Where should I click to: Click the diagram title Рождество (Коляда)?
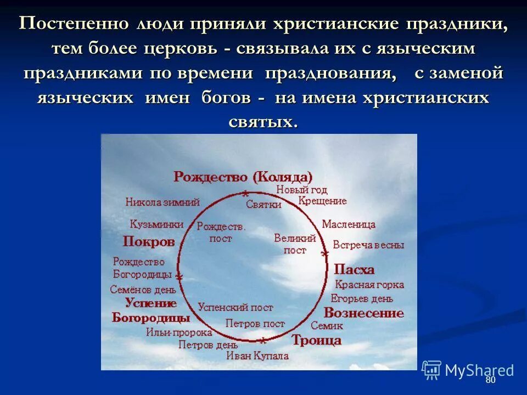(243, 177)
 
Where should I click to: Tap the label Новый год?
(301, 190)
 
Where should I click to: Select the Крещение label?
(322, 201)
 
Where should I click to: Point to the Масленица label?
(349, 224)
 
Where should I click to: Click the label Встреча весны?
(368, 245)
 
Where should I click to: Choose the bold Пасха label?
(354, 269)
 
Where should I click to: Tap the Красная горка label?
(369, 285)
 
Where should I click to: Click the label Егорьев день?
(362, 299)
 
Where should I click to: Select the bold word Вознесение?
(363, 313)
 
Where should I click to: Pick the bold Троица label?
(316, 340)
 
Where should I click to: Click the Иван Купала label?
(257, 356)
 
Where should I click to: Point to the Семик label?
(327, 326)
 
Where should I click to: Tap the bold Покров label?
(148, 241)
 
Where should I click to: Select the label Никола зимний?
(162, 202)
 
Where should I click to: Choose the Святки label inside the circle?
(263, 205)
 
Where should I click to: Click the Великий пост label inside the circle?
(295, 244)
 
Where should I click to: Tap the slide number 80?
(490, 380)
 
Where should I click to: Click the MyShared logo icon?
(431, 370)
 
